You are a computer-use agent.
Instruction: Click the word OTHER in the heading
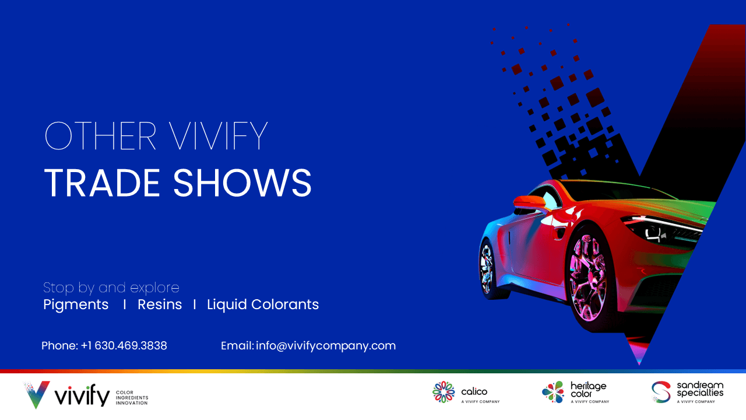pyautogui.click(x=100, y=136)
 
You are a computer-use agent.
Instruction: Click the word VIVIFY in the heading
pyautogui.click(x=218, y=136)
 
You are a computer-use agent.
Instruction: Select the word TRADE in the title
pyautogui.click(x=102, y=183)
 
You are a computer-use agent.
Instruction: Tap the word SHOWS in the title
pyautogui.click(x=242, y=183)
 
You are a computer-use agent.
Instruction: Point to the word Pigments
pyautogui.click(x=76, y=304)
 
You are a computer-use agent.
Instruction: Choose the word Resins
pyautogui.click(x=160, y=304)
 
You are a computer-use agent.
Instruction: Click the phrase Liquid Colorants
pyautogui.click(x=263, y=304)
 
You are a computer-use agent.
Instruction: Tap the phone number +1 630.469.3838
pyautogui.click(x=124, y=346)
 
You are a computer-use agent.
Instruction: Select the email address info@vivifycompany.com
pyautogui.click(x=326, y=346)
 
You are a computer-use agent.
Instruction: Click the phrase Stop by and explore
pyautogui.click(x=111, y=288)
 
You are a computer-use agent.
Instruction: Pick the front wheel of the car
pyautogui.click(x=589, y=278)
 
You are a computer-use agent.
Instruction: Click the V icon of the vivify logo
pyautogui.click(x=37, y=395)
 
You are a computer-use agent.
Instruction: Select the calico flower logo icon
pyautogui.click(x=444, y=392)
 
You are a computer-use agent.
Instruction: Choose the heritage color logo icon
pyautogui.click(x=553, y=392)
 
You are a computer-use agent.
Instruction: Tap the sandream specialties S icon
pyautogui.click(x=661, y=392)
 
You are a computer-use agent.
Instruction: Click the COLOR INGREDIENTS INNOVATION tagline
pyautogui.click(x=132, y=398)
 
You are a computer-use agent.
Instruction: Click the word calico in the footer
pyautogui.click(x=474, y=391)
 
